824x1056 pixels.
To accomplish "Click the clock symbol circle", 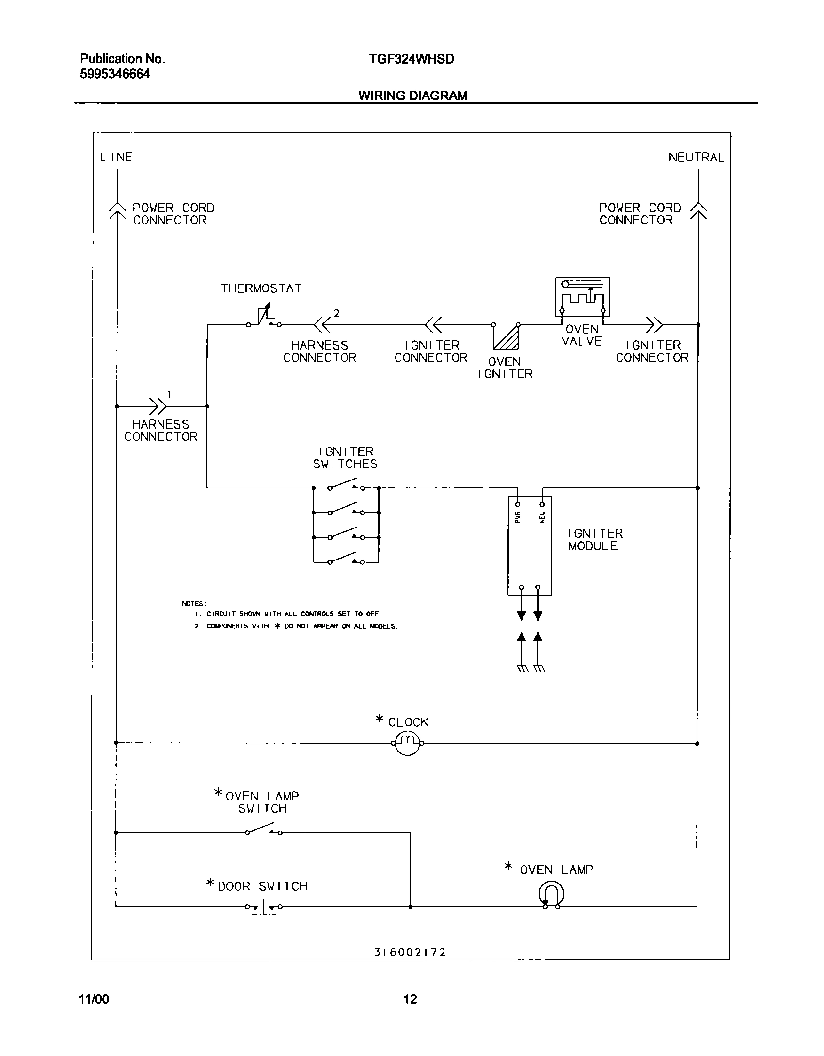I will (407, 743).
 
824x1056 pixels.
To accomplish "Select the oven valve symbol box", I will (582, 297).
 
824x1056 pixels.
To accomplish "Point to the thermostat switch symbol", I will (264, 318).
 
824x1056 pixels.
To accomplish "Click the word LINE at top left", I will (116, 158).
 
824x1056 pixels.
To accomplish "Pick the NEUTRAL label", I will (696, 158).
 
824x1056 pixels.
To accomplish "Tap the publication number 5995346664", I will (115, 74).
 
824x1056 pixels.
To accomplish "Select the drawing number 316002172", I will (410, 952).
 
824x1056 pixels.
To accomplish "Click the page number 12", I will (410, 999).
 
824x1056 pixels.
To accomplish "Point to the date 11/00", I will (94, 999).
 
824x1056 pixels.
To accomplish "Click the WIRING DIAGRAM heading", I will (413, 96).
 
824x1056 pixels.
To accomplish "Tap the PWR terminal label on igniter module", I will (518, 517).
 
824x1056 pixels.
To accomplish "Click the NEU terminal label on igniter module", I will (542, 517).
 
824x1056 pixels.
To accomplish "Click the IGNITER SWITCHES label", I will (345, 458).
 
